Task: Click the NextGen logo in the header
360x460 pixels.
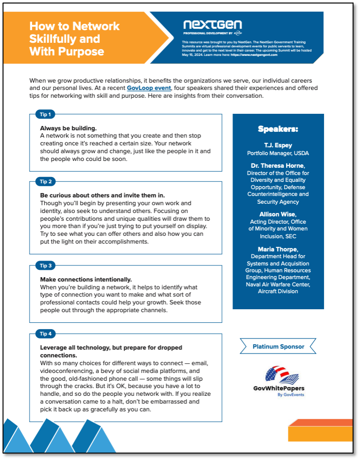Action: point(213,25)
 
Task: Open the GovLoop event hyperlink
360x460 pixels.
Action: point(149,88)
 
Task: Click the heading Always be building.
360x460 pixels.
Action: point(68,128)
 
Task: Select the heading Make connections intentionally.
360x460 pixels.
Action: point(86,280)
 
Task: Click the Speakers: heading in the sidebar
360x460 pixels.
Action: point(278,129)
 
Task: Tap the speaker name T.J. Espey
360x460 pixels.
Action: point(278,145)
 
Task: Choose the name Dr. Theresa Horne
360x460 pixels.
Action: point(277,166)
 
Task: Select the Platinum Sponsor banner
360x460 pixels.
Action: point(278,347)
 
